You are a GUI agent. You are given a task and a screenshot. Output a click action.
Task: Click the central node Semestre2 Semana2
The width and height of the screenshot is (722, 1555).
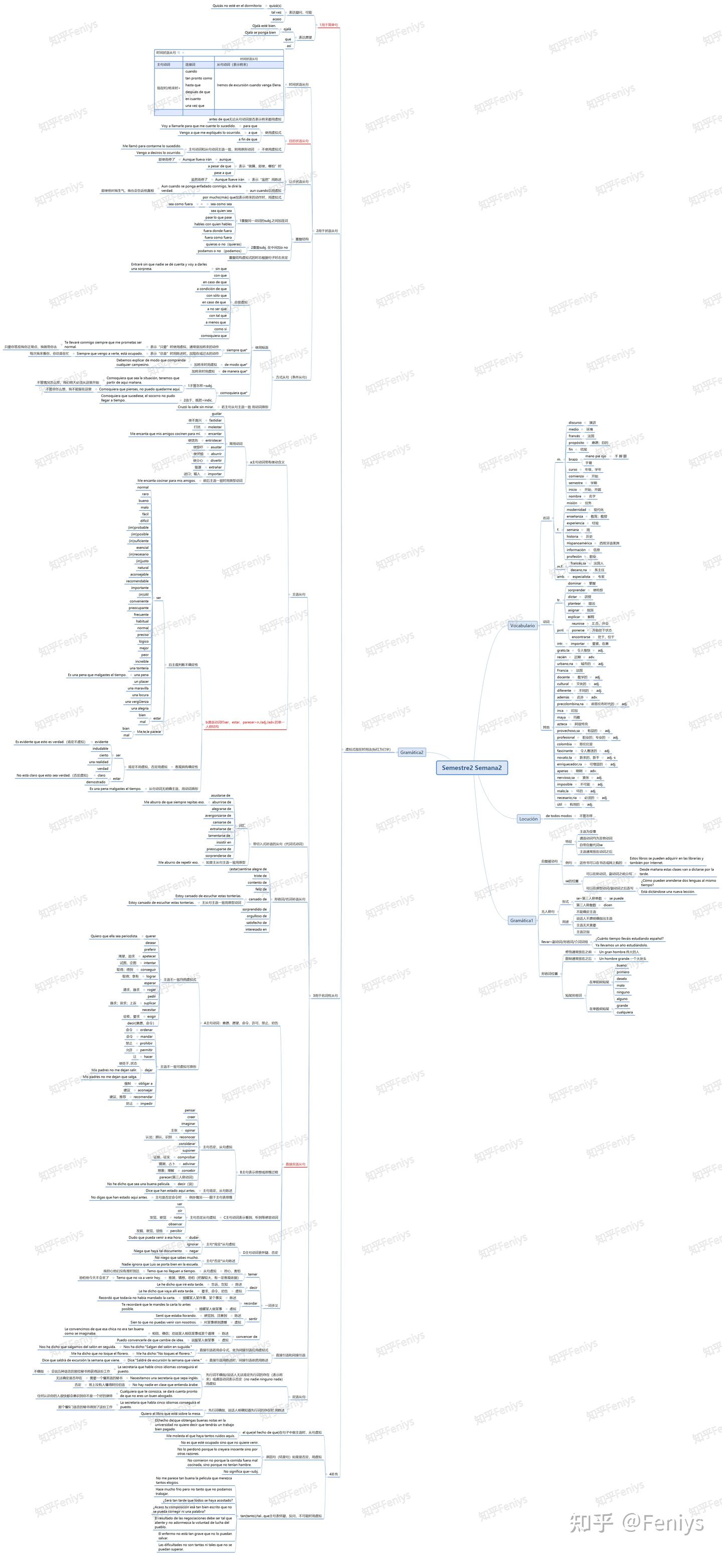(x=471, y=767)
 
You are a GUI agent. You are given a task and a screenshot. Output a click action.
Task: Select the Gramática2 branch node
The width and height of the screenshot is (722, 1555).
(x=412, y=752)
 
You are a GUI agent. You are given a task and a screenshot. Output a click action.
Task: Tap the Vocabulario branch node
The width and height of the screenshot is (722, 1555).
(x=522, y=626)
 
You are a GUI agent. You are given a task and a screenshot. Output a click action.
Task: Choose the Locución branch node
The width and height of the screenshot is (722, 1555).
(x=528, y=819)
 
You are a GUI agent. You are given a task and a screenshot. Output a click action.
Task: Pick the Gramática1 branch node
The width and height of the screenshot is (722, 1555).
(x=521, y=920)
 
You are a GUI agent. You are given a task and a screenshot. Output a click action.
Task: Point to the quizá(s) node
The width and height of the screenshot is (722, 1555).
(x=275, y=6)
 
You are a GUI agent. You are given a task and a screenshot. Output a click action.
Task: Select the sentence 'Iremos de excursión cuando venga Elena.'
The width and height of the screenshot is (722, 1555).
(x=249, y=85)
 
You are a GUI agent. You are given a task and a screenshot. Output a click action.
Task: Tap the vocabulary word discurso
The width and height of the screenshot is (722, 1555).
(x=575, y=423)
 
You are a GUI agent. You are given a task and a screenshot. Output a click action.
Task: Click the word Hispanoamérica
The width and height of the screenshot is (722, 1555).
(x=579, y=543)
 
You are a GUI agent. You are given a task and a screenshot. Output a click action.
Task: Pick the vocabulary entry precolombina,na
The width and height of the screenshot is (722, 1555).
(x=570, y=704)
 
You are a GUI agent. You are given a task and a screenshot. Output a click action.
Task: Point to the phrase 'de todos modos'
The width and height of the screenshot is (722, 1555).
(x=559, y=816)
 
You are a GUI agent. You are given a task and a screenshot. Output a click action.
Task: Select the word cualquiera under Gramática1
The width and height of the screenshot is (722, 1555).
(x=625, y=1012)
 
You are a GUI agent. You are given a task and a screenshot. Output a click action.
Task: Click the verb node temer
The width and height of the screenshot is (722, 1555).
(x=252, y=1274)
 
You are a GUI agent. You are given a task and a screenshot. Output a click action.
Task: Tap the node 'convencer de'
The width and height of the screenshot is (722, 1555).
(x=246, y=1336)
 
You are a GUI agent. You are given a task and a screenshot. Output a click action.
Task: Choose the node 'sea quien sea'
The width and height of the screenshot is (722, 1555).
(x=221, y=211)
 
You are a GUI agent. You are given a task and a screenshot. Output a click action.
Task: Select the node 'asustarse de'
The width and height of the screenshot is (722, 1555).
(x=220, y=796)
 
